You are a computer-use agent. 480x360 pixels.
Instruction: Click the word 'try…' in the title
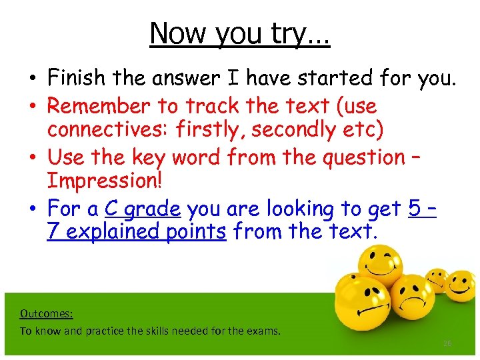[304, 33]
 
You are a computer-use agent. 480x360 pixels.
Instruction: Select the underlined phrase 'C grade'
[143, 209]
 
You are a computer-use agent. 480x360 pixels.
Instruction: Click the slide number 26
[448, 343]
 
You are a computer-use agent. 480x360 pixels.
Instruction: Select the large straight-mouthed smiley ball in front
[360, 313]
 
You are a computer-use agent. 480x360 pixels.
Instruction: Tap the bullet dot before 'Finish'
[33, 79]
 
